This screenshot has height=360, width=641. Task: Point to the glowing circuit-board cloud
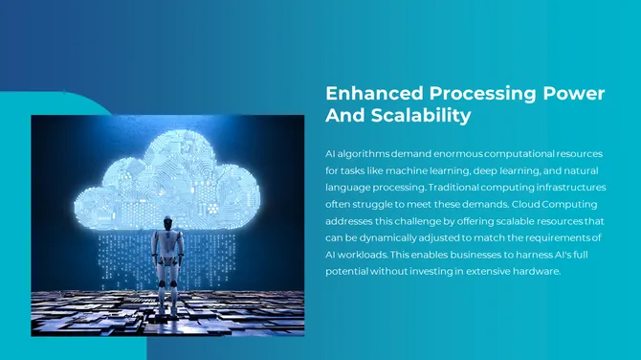pyautogui.click(x=167, y=177)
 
